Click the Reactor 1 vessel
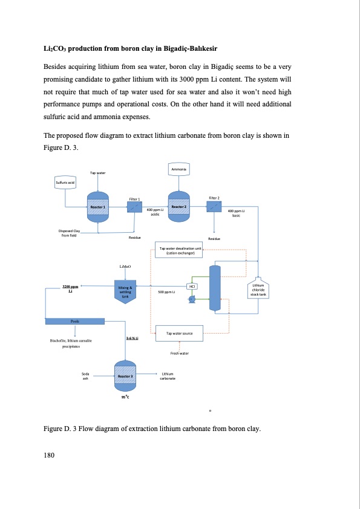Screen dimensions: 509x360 click(x=98, y=207)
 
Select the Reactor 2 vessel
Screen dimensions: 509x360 click(x=178, y=207)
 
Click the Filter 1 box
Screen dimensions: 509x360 click(x=134, y=207)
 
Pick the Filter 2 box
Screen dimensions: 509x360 click(x=214, y=207)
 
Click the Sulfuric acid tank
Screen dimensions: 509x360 click(x=65, y=182)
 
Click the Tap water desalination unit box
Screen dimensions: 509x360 click(x=180, y=250)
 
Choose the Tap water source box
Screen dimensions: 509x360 click(x=179, y=333)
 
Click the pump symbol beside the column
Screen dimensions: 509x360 click(x=192, y=299)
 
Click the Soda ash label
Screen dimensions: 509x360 click(x=85, y=376)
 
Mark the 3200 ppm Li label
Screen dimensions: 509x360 click(x=71, y=289)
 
